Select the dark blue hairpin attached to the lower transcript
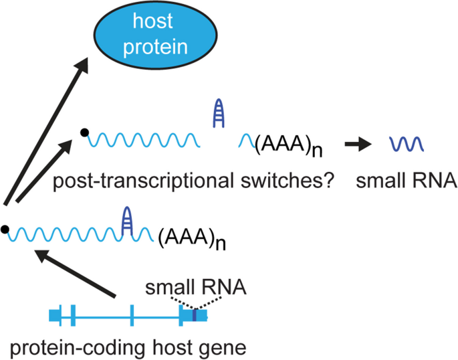(x=128, y=220)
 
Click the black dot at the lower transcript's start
(x=5, y=230)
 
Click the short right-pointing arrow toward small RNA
(x=358, y=143)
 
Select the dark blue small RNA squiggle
(x=405, y=143)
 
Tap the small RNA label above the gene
(x=197, y=288)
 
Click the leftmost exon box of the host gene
(x=56, y=314)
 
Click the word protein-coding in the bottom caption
(x=80, y=347)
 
